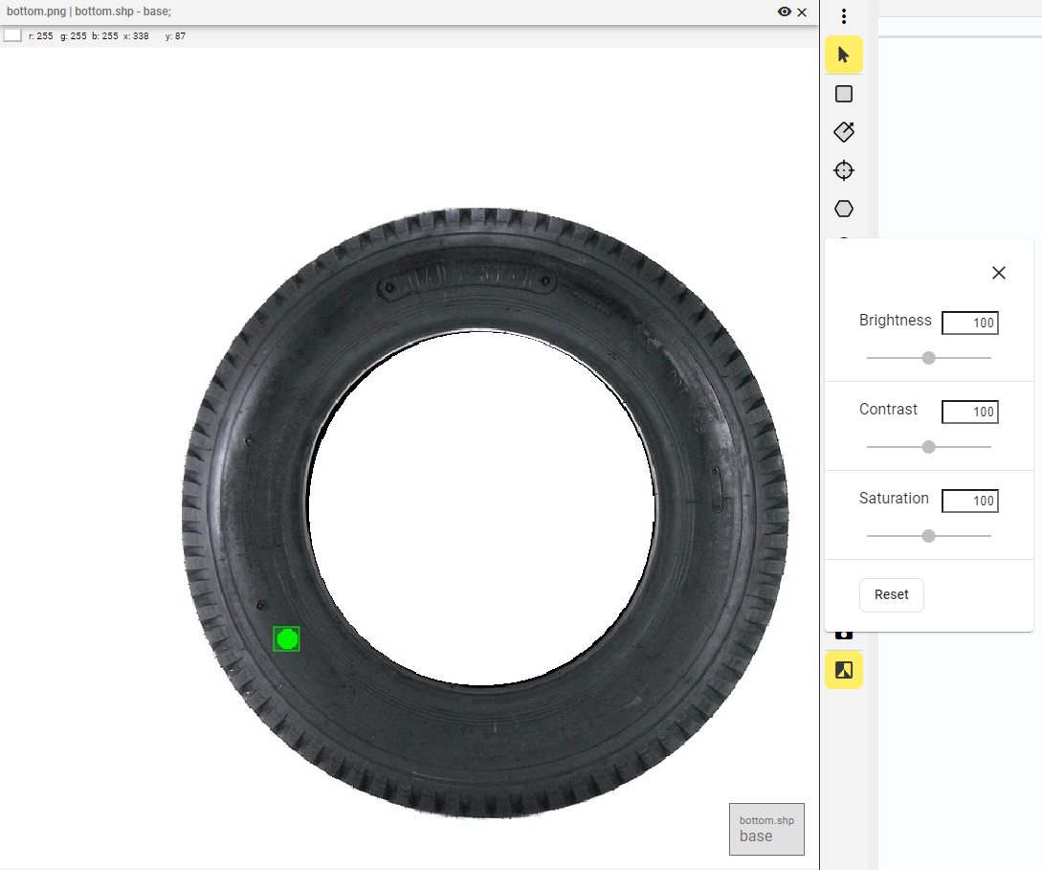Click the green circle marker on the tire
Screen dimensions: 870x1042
tap(287, 638)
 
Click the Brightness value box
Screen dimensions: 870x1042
tap(969, 323)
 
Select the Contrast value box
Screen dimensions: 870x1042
tap(969, 412)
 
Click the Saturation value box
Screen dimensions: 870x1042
tap(969, 501)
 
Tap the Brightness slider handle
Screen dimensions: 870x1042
tap(928, 358)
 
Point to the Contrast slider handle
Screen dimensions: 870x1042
tap(928, 447)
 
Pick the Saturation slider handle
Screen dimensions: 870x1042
tap(928, 536)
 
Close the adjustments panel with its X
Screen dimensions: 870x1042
tap(999, 273)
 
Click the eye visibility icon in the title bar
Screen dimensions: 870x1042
tap(785, 11)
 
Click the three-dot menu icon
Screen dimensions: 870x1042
tap(844, 16)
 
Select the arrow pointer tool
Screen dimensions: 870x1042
tap(844, 55)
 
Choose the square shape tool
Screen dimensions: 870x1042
tap(844, 94)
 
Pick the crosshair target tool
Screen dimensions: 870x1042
tap(844, 170)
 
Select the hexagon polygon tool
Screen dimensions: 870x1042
tap(844, 209)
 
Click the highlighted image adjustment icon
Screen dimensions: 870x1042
tap(844, 670)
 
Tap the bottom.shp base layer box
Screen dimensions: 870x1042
tap(766, 829)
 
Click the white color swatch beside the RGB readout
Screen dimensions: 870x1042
tap(12, 35)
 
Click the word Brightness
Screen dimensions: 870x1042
tap(895, 321)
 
